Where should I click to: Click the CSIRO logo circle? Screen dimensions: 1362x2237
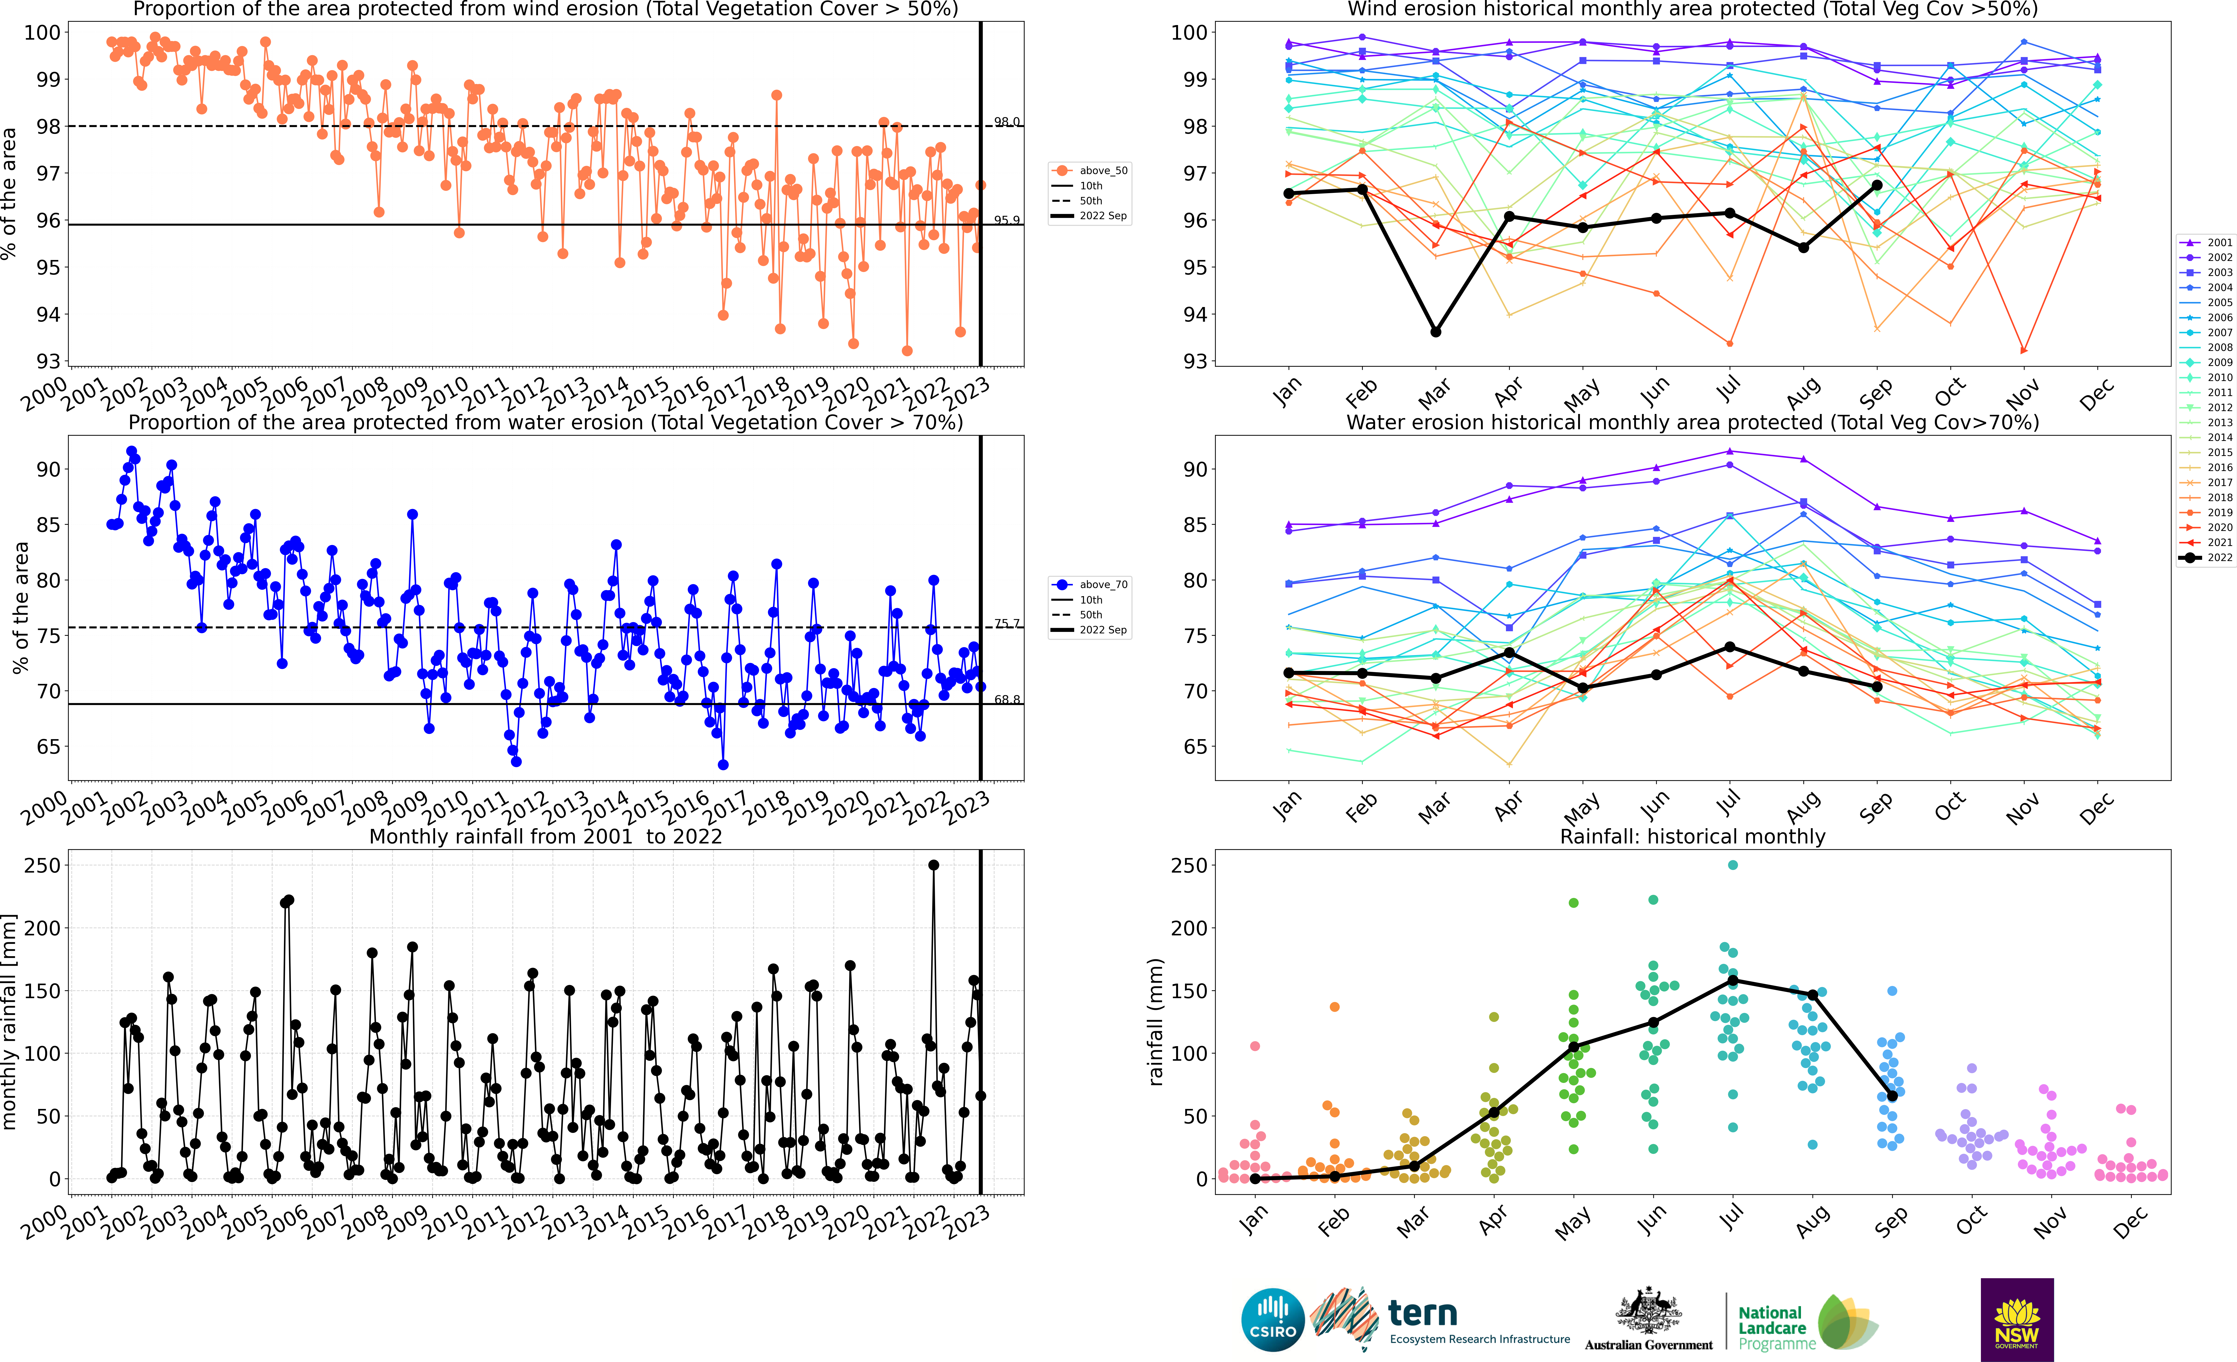tap(1272, 1319)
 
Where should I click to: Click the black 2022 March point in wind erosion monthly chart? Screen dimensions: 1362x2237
tap(1435, 332)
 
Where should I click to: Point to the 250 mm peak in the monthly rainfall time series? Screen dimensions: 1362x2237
tap(933, 865)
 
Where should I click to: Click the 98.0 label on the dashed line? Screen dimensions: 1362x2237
tap(1006, 122)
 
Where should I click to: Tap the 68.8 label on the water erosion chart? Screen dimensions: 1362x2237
tap(1006, 699)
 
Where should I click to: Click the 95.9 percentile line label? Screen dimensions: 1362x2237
tap(1006, 220)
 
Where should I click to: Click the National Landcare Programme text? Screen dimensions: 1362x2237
tap(1775, 1327)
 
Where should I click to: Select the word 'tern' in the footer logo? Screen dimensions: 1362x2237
tap(1423, 1313)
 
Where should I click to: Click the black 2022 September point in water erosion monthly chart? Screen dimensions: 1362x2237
tap(1877, 686)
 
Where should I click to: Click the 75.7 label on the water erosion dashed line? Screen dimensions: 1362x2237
tap(1006, 624)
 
